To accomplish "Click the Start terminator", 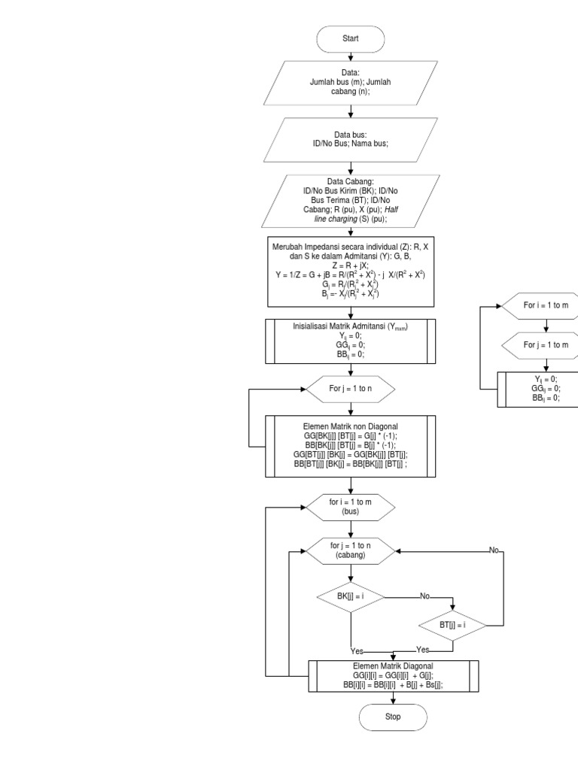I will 351,38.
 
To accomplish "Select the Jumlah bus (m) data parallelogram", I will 351,83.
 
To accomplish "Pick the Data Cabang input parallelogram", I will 351,200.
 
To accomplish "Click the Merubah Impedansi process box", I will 351,272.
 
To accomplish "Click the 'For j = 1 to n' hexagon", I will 351,390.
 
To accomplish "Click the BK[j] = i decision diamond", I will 351,598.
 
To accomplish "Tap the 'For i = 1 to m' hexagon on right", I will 546,307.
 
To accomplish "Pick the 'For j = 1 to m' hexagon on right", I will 546,344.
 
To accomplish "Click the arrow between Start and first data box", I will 351,55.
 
